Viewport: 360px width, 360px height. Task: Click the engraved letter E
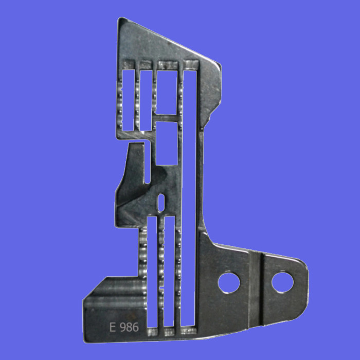[112, 327]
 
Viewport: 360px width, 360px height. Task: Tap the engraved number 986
[130, 327]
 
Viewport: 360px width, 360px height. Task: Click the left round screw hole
[229, 283]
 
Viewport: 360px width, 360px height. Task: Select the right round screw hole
[282, 282]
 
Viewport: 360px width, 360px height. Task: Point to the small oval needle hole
[161, 203]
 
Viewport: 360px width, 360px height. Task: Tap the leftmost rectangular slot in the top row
[128, 100]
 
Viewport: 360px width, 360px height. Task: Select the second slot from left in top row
[146, 100]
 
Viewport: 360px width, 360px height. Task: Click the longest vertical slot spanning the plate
[189, 198]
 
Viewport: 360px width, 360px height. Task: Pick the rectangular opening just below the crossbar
[167, 143]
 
